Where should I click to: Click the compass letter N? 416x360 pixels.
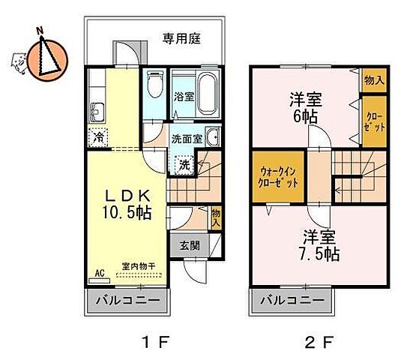(40, 30)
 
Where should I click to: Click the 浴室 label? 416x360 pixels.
(184, 95)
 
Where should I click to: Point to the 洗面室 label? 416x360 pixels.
(186, 139)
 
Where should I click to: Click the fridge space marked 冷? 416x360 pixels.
(97, 138)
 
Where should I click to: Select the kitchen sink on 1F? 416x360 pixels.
(97, 114)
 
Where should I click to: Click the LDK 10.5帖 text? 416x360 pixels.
(128, 202)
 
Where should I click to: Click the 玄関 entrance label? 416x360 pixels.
(190, 245)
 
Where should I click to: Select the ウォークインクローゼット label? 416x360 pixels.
(277, 177)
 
